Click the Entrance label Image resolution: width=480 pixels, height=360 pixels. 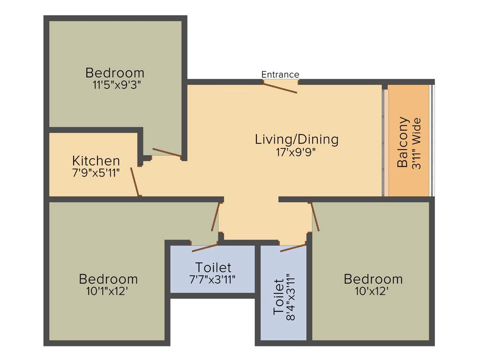point(280,75)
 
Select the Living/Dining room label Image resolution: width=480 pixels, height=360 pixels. point(296,139)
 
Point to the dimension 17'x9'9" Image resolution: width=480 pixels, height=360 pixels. point(296,151)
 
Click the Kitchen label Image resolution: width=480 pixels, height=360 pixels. point(96,161)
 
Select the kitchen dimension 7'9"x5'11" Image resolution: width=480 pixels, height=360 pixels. point(96,172)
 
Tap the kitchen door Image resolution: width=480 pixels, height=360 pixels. point(135,181)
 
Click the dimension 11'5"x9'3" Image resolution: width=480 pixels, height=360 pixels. point(115,85)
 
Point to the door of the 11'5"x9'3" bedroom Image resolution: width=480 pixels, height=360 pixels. point(166,152)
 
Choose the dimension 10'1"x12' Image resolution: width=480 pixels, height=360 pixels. point(108,291)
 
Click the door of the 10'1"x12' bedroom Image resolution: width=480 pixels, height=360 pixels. point(216,217)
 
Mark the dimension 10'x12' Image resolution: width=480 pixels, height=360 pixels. point(373,291)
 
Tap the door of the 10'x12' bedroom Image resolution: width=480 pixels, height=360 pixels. point(315,217)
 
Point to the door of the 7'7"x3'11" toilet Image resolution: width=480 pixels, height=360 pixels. point(205,247)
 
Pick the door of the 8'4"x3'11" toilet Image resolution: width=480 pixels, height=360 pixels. point(293,247)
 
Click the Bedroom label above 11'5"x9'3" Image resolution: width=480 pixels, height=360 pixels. point(115,73)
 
